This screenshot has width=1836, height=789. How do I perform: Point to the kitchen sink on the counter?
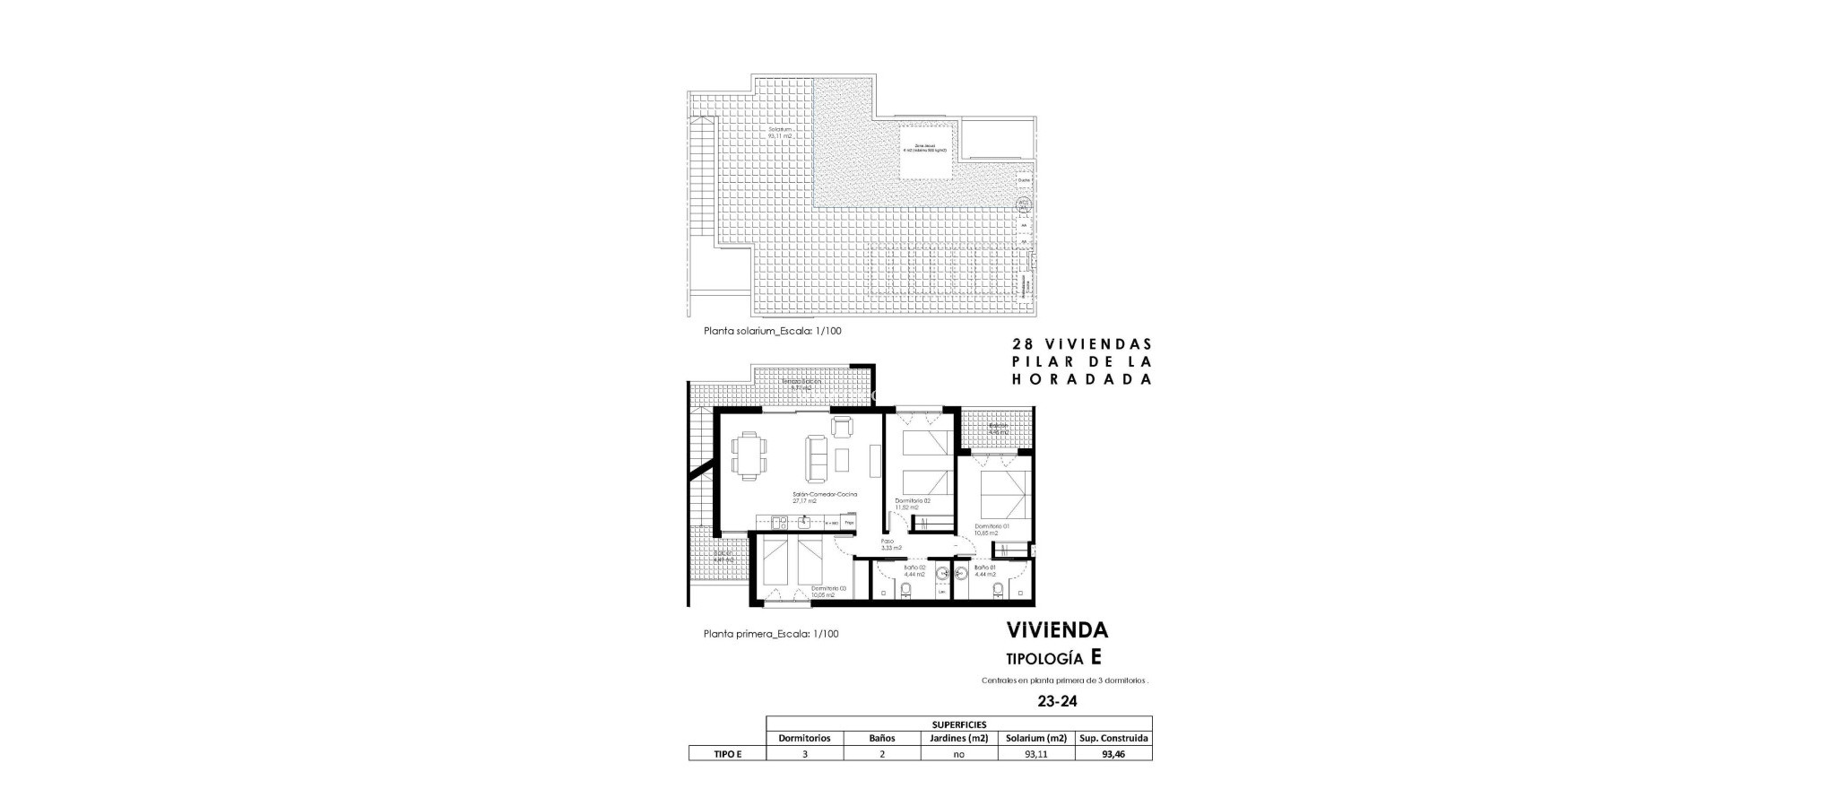click(178, 521)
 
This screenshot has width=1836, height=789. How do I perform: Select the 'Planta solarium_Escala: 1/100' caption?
click(773, 331)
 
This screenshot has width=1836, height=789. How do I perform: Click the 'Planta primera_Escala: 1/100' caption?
click(771, 634)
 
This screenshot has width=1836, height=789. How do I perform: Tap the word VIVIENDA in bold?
click(1057, 630)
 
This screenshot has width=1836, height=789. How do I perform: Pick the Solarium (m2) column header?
click(1036, 739)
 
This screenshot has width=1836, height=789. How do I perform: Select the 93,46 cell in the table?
click(1113, 754)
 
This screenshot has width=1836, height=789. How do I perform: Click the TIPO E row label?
click(727, 754)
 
